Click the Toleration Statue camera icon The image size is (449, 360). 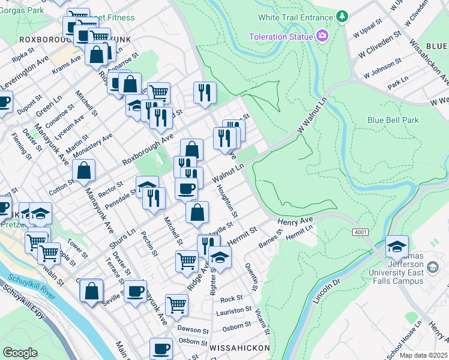coord(322,37)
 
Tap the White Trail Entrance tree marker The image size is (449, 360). coord(342,16)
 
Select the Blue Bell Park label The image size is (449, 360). coord(393,120)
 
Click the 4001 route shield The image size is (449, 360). coord(360,232)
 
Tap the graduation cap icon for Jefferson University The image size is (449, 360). coord(397,246)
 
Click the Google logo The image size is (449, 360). coord(20,353)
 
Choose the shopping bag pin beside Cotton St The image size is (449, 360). coord(84,171)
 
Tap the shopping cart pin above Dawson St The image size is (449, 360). coord(176,305)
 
